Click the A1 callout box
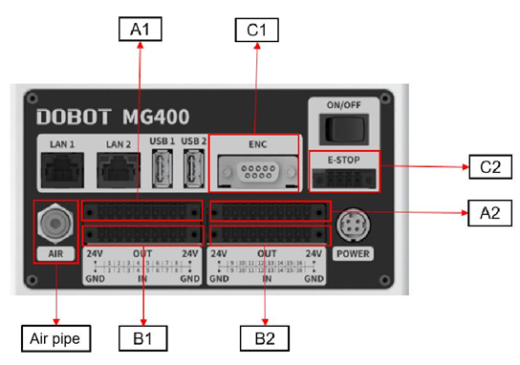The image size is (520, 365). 141,30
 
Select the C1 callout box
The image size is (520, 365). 256,30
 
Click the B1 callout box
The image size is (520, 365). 142,336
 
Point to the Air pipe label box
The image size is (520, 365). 54,336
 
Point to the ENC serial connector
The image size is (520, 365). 255,172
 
